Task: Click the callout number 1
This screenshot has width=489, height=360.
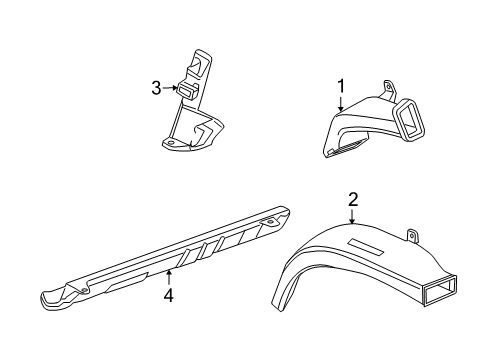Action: click(341, 86)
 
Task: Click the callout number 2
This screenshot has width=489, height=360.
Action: click(353, 200)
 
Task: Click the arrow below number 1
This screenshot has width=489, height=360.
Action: click(341, 104)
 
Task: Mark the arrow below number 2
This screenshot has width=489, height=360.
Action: click(353, 216)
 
